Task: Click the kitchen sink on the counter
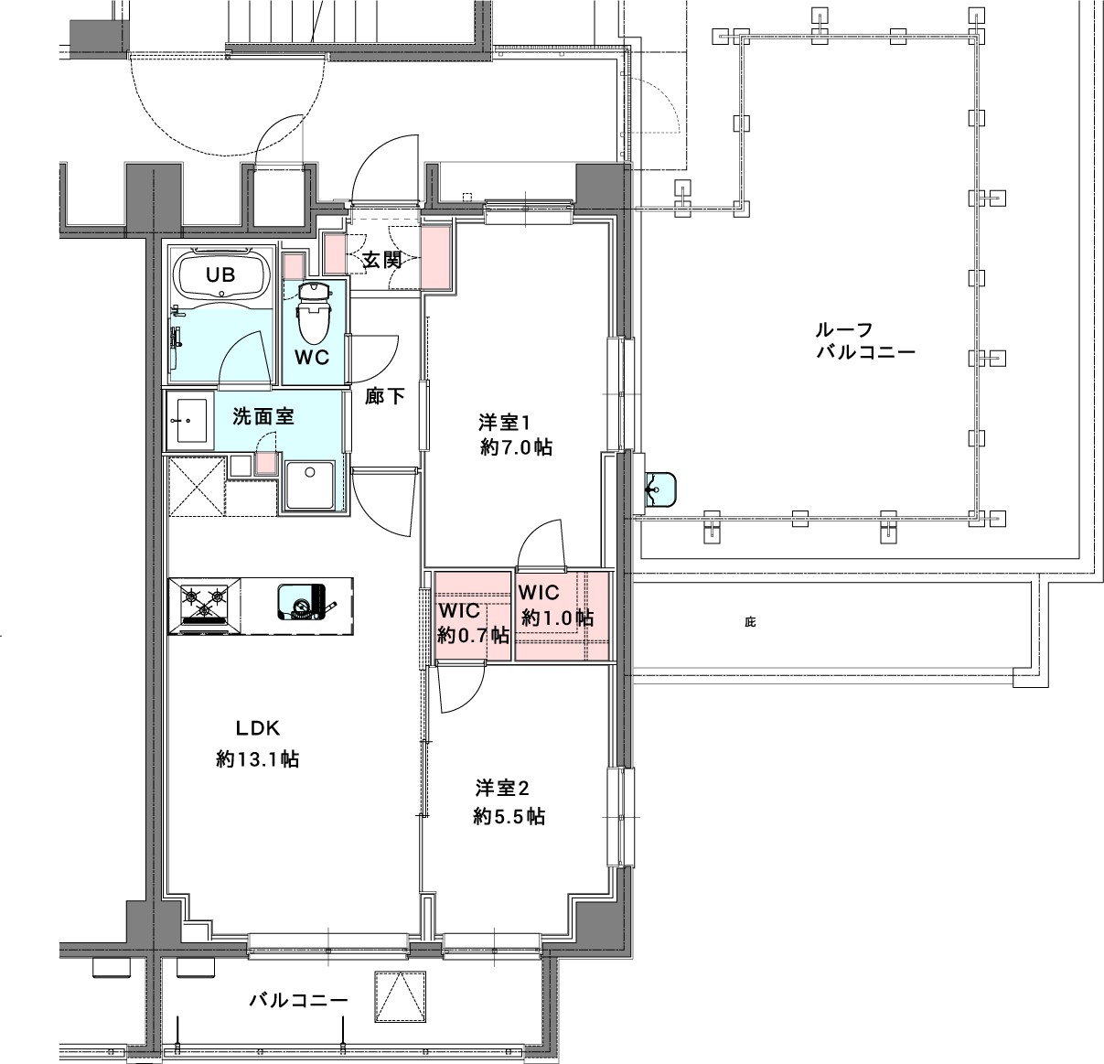click(x=303, y=602)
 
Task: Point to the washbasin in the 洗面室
click(x=188, y=421)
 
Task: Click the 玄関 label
click(x=382, y=260)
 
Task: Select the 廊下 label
click(x=384, y=397)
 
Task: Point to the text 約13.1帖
click(x=257, y=759)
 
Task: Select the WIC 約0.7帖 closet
click(x=472, y=622)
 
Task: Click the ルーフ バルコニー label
click(x=865, y=340)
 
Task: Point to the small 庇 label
click(x=750, y=623)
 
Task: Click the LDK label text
click(x=257, y=728)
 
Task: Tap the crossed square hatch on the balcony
click(x=399, y=999)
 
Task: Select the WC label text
click(x=311, y=358)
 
